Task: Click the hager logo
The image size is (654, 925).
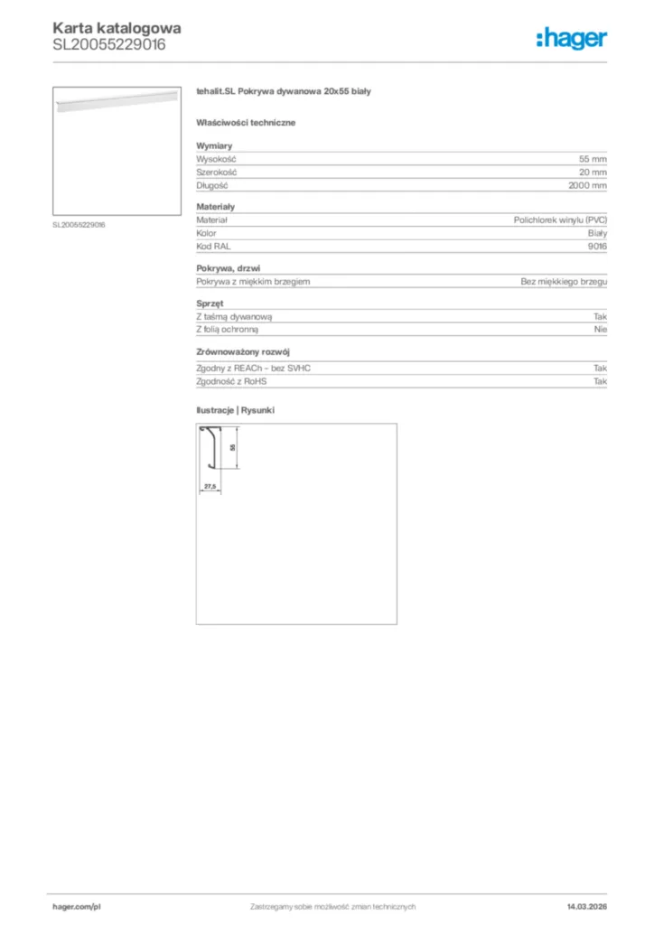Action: [x=571, y=38]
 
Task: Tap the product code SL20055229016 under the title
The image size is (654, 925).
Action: [x=109, y=43]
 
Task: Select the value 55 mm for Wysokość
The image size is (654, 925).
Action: [x=593, y=159]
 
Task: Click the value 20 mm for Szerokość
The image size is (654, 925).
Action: [x=593, y=172]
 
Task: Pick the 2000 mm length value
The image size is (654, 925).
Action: [x=587, y=185]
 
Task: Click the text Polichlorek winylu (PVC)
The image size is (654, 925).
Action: [x=560, y=220]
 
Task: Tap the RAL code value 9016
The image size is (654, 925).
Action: [x=597, y=247]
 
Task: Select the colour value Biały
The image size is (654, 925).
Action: [x=596, y=233]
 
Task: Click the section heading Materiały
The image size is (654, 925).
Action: [x=215, y=207]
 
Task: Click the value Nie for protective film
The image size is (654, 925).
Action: [x=601, y=330]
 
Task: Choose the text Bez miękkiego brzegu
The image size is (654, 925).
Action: [x=564, y=282]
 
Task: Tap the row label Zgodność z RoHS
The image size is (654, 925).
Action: [x=231, y=381]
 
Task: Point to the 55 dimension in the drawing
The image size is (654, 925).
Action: [x=232, y=447]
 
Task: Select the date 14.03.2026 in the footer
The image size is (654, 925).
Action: [x=586, y=906]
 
